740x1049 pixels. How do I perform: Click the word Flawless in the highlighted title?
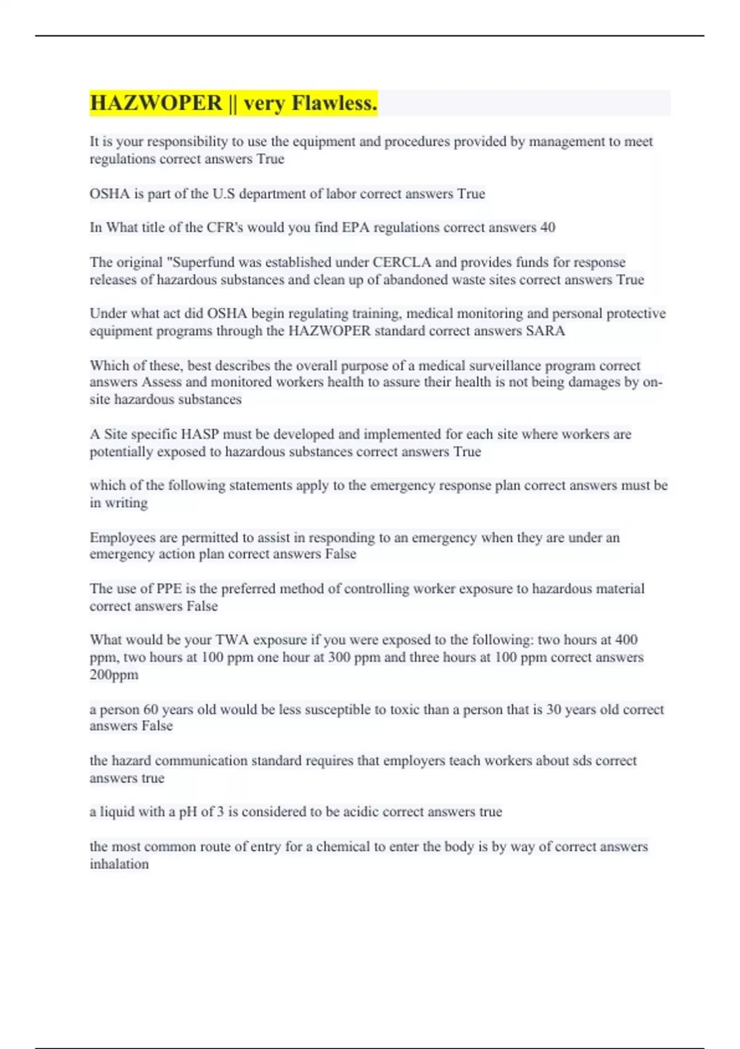pyautogui.click(x=334, y=103)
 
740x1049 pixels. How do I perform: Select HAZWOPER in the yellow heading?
pyautogui.click(x=156, y=103)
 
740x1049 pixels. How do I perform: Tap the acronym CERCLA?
pyautogui.click(x=401, y=262)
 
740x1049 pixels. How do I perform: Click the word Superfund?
pyautogui.click(x=201, y=262)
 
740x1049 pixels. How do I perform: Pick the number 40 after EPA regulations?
pyautogui.click(x=548, y=228)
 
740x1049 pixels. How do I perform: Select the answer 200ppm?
pyautogui.click(x=114, y=674)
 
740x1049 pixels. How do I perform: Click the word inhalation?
pyautogui.click(x=119, y=864)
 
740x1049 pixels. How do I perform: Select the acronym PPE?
pyautogui.click(x=169, y=589)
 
